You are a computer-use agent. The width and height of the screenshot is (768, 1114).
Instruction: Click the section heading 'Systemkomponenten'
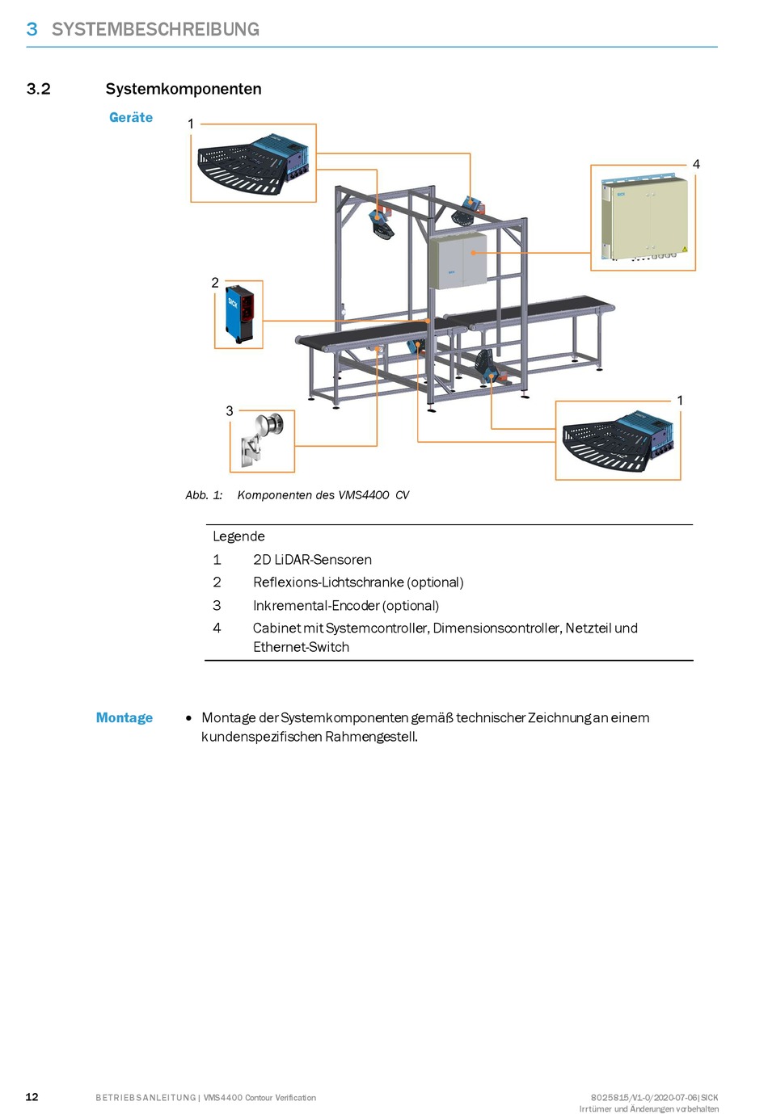(184, 89)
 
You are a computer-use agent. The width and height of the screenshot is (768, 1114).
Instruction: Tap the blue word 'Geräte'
(131, 117)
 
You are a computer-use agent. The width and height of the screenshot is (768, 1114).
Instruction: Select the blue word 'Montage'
(124, 717)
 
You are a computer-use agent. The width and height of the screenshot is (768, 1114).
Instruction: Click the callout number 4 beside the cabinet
(696, 164)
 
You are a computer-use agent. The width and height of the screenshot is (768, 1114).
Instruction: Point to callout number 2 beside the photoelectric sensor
(215, 283)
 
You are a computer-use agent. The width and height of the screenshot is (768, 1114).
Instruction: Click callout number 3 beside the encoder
(230, 411)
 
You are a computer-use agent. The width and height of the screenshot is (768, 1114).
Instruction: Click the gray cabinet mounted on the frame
(458, 260)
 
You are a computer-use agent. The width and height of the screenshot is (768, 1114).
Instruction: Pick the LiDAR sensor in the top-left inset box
(252, 162)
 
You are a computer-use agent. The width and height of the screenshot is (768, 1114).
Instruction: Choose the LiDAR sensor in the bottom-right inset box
(618, 440)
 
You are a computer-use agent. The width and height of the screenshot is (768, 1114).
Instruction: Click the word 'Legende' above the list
(238, 536)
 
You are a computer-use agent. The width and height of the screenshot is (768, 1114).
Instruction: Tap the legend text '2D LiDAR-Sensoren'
(312, 560)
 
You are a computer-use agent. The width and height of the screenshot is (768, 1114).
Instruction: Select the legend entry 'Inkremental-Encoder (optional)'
(346, 606)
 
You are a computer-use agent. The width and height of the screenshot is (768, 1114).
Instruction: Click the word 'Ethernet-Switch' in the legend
(301, 647)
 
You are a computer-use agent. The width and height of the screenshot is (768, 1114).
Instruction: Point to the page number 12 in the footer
(32, 1096)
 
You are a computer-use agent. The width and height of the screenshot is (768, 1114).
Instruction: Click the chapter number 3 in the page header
(32, 29)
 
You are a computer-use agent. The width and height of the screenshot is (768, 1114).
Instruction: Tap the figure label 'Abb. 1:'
(204, 495)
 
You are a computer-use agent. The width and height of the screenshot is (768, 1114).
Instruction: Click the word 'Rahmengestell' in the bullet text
(371, 737)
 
